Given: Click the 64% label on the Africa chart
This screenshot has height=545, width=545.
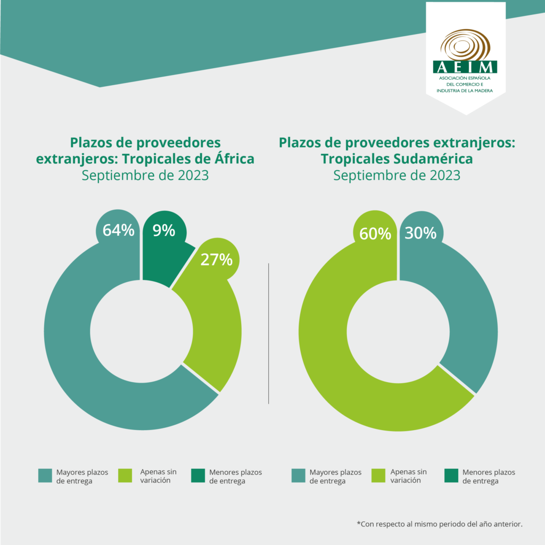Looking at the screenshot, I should (118, 230).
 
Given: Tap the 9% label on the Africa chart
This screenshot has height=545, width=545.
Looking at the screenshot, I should (164, 230).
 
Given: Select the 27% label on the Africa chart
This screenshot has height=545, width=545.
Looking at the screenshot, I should (216, 260).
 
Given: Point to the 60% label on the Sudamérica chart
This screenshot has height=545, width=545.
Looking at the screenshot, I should (375, 234).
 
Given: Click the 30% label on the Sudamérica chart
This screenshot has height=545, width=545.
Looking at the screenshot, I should (420, 233).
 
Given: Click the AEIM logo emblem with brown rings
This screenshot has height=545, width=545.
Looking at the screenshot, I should (465, 46).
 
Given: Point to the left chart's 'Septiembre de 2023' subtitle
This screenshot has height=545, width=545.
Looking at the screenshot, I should (145, 175).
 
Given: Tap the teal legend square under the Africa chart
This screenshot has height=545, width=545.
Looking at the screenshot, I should (45, 476).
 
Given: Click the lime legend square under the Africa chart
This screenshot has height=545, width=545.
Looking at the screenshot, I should (125, 476).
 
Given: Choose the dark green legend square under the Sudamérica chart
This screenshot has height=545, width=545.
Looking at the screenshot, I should (451, 476).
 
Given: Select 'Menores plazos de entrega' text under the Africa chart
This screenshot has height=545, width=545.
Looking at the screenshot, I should (235, 476).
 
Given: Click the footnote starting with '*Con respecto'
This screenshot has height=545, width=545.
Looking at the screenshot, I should (440, 524).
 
